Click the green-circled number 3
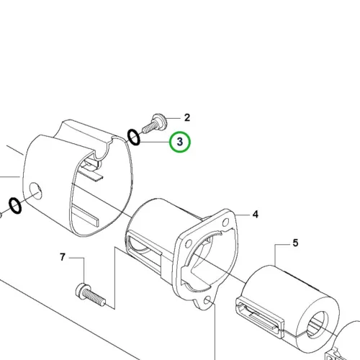click(180, 142)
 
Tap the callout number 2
click(187, 117)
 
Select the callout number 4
click(256, 215)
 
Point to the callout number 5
click(295, 243)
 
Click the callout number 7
click(63, 257)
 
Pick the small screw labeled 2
click(154, 124)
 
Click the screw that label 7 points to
click(90, 295)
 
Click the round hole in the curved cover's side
click(35, 191)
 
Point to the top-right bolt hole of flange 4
click(225, 222)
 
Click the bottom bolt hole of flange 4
click(207, 301)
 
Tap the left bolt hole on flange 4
click(189, 244)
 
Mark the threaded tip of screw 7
click(102, 302)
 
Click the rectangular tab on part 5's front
click(260, 318)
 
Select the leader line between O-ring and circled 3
click(155, 142)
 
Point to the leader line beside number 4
click(243, 215)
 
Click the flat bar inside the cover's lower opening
click(86, 215)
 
